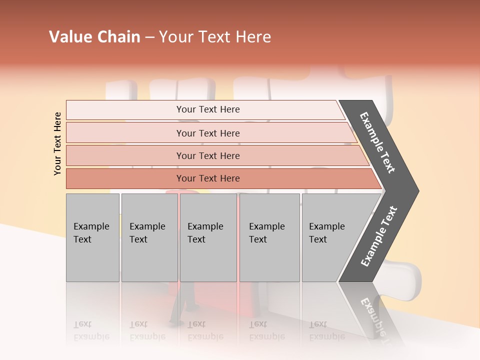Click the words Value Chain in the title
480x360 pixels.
(x=94, y=37)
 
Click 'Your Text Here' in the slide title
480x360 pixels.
(x=215, y=37)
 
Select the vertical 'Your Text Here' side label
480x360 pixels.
(x=57, y=143)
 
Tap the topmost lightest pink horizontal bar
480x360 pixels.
(x=207, y=109)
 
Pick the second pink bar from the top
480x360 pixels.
(x=207, y=133)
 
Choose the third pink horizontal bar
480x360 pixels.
(x=207, y=155)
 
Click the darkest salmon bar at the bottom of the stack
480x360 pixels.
(x=207, y=178)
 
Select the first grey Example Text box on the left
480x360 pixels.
(x=92, y=237)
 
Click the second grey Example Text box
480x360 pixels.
(x=149, y=237)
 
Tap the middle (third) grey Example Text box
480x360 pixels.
(x=207, y=237)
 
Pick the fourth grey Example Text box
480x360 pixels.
(x=269, y=237)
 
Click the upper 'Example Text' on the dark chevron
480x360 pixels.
(x=377, y=143)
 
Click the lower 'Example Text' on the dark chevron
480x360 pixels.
(x=378, y=236)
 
